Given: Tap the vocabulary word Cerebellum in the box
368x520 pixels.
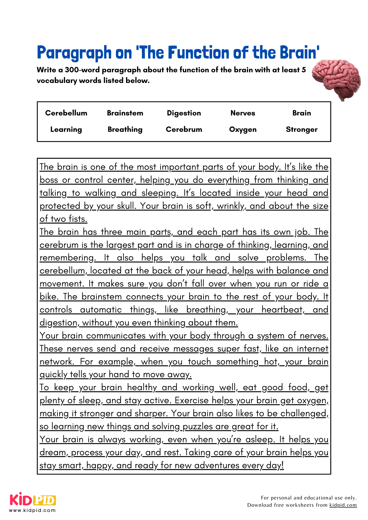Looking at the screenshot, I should pyautogui.click(x=66, y=113).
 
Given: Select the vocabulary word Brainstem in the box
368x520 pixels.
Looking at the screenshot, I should pyautogui.click(x=125, y=113).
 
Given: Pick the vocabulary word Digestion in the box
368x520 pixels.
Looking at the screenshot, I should pyautogui.click(x=184, y=113).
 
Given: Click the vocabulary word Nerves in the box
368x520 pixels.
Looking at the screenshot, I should pyautogui.click(x=243, y=113).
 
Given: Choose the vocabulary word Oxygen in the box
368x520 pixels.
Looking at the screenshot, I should pyautogui.click(x=243, y=129).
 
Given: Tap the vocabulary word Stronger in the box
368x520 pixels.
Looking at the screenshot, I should pyautogui.click(x=301, y=129).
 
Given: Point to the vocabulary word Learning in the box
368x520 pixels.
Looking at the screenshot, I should pyautogui.click(x=66, y=129).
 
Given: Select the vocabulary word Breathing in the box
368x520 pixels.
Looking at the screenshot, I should pyautogui.click(x=125, y=129).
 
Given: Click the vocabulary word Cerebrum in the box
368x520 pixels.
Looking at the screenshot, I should pyautogui.click(x=184, y=129).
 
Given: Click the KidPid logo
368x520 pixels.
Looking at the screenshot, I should pyautogui.click(x=33, y=500).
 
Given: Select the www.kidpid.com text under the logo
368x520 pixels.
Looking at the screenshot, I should pyautogui.click(x=32, y=510).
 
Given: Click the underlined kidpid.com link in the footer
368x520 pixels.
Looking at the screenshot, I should pyautogui.click(x=343, y=505).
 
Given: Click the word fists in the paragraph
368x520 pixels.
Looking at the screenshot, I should pyautogui.click(x=78, y=219).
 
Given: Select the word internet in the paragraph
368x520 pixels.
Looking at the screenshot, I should pyautogui.click(x=312, y=349).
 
